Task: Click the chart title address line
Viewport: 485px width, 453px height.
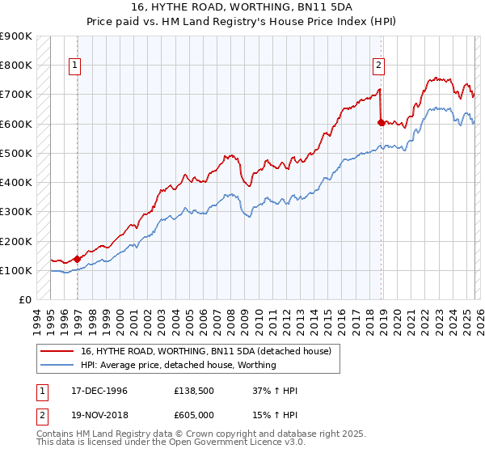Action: (242, 6)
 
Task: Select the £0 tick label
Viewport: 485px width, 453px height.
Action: (25, 300)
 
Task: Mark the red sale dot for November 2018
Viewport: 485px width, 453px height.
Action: (381, 122)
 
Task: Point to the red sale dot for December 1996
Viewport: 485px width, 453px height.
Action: (78, 259)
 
